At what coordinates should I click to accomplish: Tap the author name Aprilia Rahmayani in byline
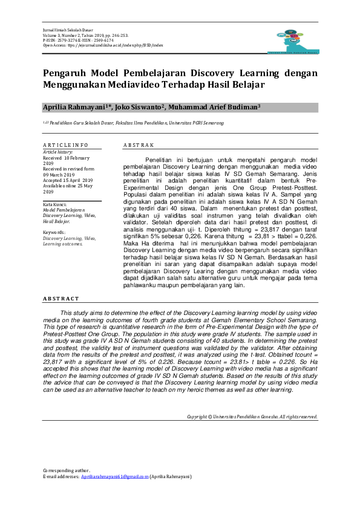pyautogui.click(x=76, y=107)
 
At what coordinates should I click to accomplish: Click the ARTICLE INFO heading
pyautogui.click(x=65, y=145)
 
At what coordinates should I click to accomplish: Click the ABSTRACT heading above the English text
pyautogui.click(x=61, y=299)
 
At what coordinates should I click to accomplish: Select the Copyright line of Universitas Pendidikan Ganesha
pyautogui.click(x=252, y=417)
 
